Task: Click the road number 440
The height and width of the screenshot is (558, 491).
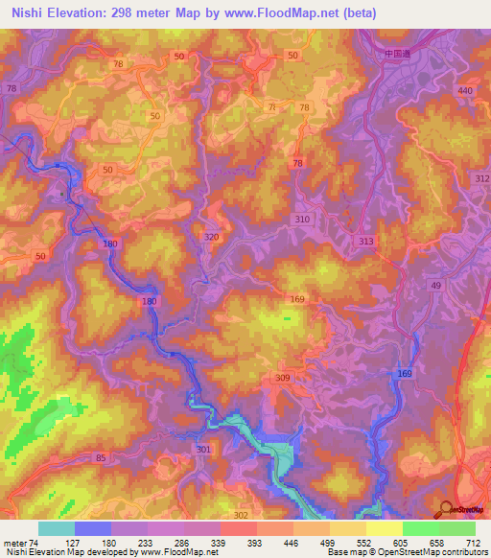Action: (466, 90)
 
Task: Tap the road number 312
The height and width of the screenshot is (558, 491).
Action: (481, 179)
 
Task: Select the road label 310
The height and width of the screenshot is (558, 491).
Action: (303, 220)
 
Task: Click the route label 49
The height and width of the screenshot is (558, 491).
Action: (436, 287)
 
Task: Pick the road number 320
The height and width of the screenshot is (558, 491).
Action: (213, 237)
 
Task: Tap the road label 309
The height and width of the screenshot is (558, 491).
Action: (282, 379)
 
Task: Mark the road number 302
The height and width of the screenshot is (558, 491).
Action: (241, 515)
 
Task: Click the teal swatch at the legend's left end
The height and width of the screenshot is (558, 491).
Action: (56, 528)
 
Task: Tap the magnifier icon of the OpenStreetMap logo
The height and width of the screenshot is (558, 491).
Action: (445, 509)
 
